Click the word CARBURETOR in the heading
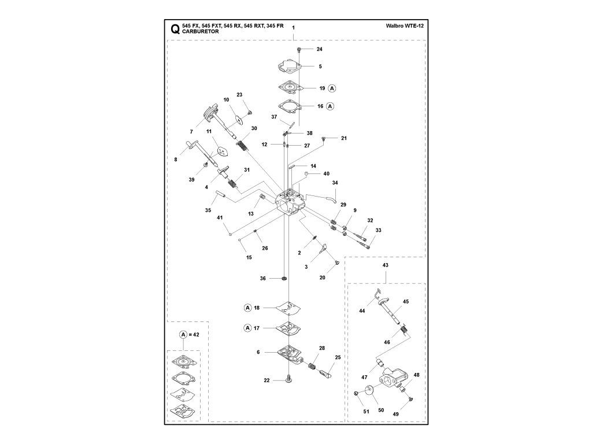200,32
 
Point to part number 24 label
319,49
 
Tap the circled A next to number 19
332,88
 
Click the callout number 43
385,265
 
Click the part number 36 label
262,279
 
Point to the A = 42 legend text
188,335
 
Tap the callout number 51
366,412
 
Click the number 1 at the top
293,28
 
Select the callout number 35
208,210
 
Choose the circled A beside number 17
247,328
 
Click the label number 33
378,230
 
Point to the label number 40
326,173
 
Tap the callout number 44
362,311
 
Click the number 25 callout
338,357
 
